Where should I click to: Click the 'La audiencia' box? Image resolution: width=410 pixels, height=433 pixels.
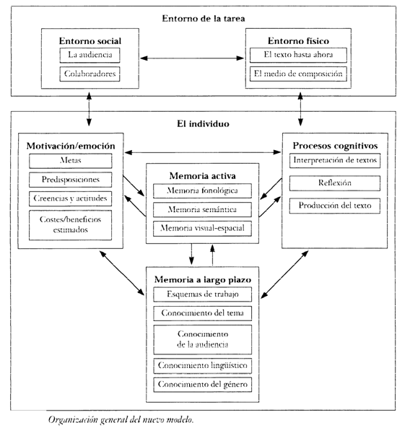[x=90, y=56]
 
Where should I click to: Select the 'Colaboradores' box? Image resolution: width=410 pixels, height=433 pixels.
[x=90, y=74]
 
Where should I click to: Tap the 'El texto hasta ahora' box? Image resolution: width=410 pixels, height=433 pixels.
[x=298, y=55]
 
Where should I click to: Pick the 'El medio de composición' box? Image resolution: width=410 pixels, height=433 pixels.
[x=298, y=74]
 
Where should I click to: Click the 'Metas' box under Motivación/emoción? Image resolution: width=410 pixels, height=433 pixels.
[x=71, y=161]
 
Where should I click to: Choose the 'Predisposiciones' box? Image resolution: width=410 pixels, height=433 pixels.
[x=71, y=180]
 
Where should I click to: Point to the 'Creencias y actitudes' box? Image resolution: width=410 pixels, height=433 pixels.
[x=71, y=198]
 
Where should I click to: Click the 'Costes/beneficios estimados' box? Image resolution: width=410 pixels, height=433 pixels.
[x=71, y=225]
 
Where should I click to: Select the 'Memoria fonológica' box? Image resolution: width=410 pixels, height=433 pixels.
[x=203, y=191]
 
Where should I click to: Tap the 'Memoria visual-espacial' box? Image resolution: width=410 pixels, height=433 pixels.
[x=203, y=228]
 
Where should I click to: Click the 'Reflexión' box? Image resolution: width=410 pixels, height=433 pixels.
[x=335, y=183]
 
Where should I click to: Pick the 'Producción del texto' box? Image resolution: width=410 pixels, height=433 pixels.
[x=335, y=206]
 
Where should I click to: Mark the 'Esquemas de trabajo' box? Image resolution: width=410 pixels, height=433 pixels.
[x=203, y=294]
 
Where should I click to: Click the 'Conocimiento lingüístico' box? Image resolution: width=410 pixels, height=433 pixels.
[x=203, y=366]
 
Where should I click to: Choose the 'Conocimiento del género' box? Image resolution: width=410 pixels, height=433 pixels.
[x=203, y=385]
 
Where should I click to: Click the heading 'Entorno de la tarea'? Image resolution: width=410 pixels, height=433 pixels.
[x=204, y=19]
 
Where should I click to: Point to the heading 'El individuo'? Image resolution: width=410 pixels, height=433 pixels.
[x=203, y=123]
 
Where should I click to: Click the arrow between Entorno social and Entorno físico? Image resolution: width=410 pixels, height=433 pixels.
[x=192, y=58]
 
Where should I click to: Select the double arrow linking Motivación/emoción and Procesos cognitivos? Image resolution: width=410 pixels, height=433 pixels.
[x=203, y=152]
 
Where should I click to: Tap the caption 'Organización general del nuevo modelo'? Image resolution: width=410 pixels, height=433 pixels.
[x=121, y=420]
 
